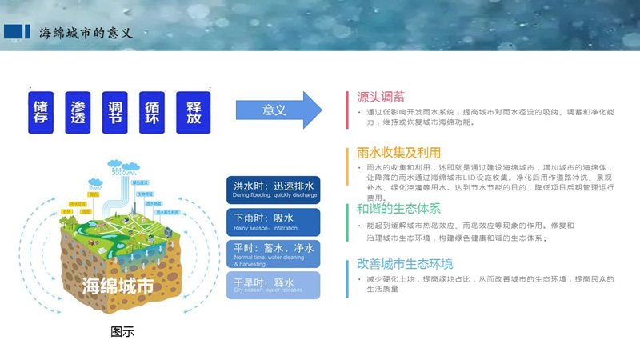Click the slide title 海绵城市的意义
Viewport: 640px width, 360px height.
(85, 32)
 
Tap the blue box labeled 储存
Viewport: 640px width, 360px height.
(42, 113)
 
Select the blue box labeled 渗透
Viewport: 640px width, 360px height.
(78, 113)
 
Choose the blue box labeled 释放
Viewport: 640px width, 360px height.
(193, 113)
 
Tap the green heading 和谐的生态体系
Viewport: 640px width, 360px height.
(398, 209)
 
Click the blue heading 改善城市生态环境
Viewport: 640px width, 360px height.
(405, 263)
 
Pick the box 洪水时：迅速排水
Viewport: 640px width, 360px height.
(274, 189)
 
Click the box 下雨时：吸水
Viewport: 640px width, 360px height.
(274, 221)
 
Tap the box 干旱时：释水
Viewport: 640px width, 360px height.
(274, 285)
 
